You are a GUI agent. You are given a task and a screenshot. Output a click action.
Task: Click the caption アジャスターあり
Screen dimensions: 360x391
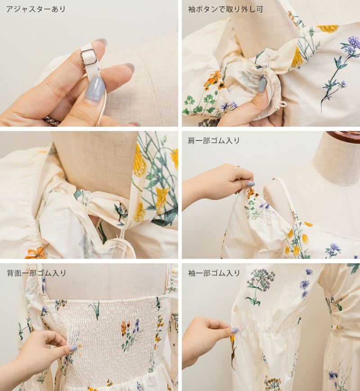pyautogui.click(x=36, y=9)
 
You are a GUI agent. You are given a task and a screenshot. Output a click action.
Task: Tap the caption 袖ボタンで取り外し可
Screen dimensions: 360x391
pyautogui.click(x=225, y=9)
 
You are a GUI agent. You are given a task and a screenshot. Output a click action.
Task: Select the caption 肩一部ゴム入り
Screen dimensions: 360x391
pyautogui.click(x=214, y=141)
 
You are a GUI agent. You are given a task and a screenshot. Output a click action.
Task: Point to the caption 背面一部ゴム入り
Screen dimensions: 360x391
pyautogui.click(x=36, y=273)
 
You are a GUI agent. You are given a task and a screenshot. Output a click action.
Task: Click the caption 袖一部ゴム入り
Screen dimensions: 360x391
pyautogui.click(x=214, y=273)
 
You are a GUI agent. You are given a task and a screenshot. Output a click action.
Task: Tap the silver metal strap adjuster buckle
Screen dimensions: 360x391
pyautogui.click(x=89, y=57)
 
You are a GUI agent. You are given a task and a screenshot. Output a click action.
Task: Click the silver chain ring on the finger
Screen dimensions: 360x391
pyautogui.click(x=52, y=121)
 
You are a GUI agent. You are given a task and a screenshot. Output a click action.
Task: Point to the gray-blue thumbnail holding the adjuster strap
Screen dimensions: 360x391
pyautogui.click(x=95, y=88)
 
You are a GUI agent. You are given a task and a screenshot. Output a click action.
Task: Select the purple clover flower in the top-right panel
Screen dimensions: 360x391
pyautogui.click(x=354, y=43)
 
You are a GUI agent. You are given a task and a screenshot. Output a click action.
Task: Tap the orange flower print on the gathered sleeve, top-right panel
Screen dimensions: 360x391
pyautogui.click(x=213, y=79)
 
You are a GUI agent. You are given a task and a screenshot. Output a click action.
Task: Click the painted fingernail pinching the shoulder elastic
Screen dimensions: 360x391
pyautogui.click(x=250, y=184)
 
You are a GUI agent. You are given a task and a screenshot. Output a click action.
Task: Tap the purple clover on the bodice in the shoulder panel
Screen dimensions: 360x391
pyautogui.click(x=333, y=247)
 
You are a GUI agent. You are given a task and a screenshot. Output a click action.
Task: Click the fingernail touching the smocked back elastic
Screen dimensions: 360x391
pyautogui.click(x=73, y=348)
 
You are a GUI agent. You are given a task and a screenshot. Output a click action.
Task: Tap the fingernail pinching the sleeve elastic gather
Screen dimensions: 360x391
pyautogui.click(x=234, y=331)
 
